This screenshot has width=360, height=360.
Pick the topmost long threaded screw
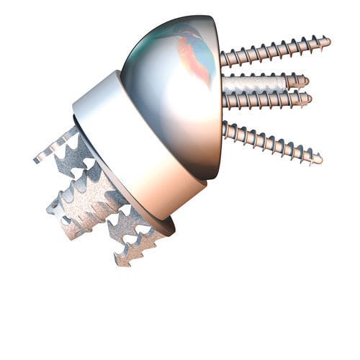[x=274, y=51]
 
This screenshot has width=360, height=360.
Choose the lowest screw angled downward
[x=270, y=142]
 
